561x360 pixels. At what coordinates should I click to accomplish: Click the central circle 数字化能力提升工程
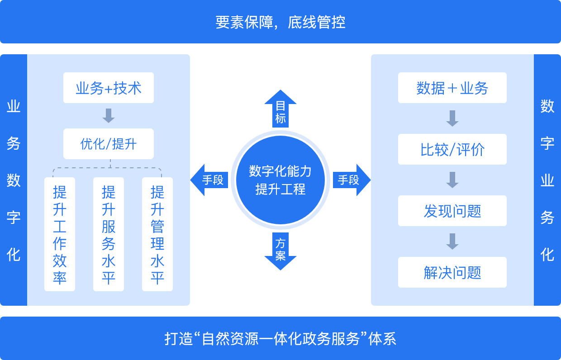[280, 180]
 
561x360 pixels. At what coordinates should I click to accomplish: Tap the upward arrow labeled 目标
[280, 109]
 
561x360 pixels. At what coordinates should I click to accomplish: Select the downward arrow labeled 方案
[280, 251]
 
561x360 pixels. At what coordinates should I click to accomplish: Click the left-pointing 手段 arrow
[209, 180]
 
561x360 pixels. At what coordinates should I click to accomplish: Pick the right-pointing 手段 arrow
[352, 180]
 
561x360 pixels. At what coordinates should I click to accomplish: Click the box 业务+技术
[109, 88]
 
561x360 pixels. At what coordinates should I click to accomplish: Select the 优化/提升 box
[109, 144]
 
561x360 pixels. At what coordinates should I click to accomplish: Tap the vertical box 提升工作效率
[60, 234]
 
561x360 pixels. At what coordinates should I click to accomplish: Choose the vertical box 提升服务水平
[109, 234]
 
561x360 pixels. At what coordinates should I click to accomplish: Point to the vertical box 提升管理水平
[157, 234]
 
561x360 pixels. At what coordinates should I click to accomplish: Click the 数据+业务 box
[452, 88]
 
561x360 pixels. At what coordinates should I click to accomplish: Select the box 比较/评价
[452, 149]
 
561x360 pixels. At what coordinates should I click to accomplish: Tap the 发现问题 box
[452, 211]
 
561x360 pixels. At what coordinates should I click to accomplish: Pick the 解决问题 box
[452, 272]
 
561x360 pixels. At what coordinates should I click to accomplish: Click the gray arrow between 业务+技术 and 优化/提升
[109, 116]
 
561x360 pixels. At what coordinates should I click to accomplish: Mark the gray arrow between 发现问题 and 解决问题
[452, 242]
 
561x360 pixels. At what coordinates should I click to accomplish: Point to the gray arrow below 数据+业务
[452, 118]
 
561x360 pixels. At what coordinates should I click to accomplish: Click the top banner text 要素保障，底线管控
[280, 22]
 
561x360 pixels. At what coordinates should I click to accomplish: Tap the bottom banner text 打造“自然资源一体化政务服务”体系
[280, 339]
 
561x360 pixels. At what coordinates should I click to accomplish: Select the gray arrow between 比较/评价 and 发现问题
[452, 180]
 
